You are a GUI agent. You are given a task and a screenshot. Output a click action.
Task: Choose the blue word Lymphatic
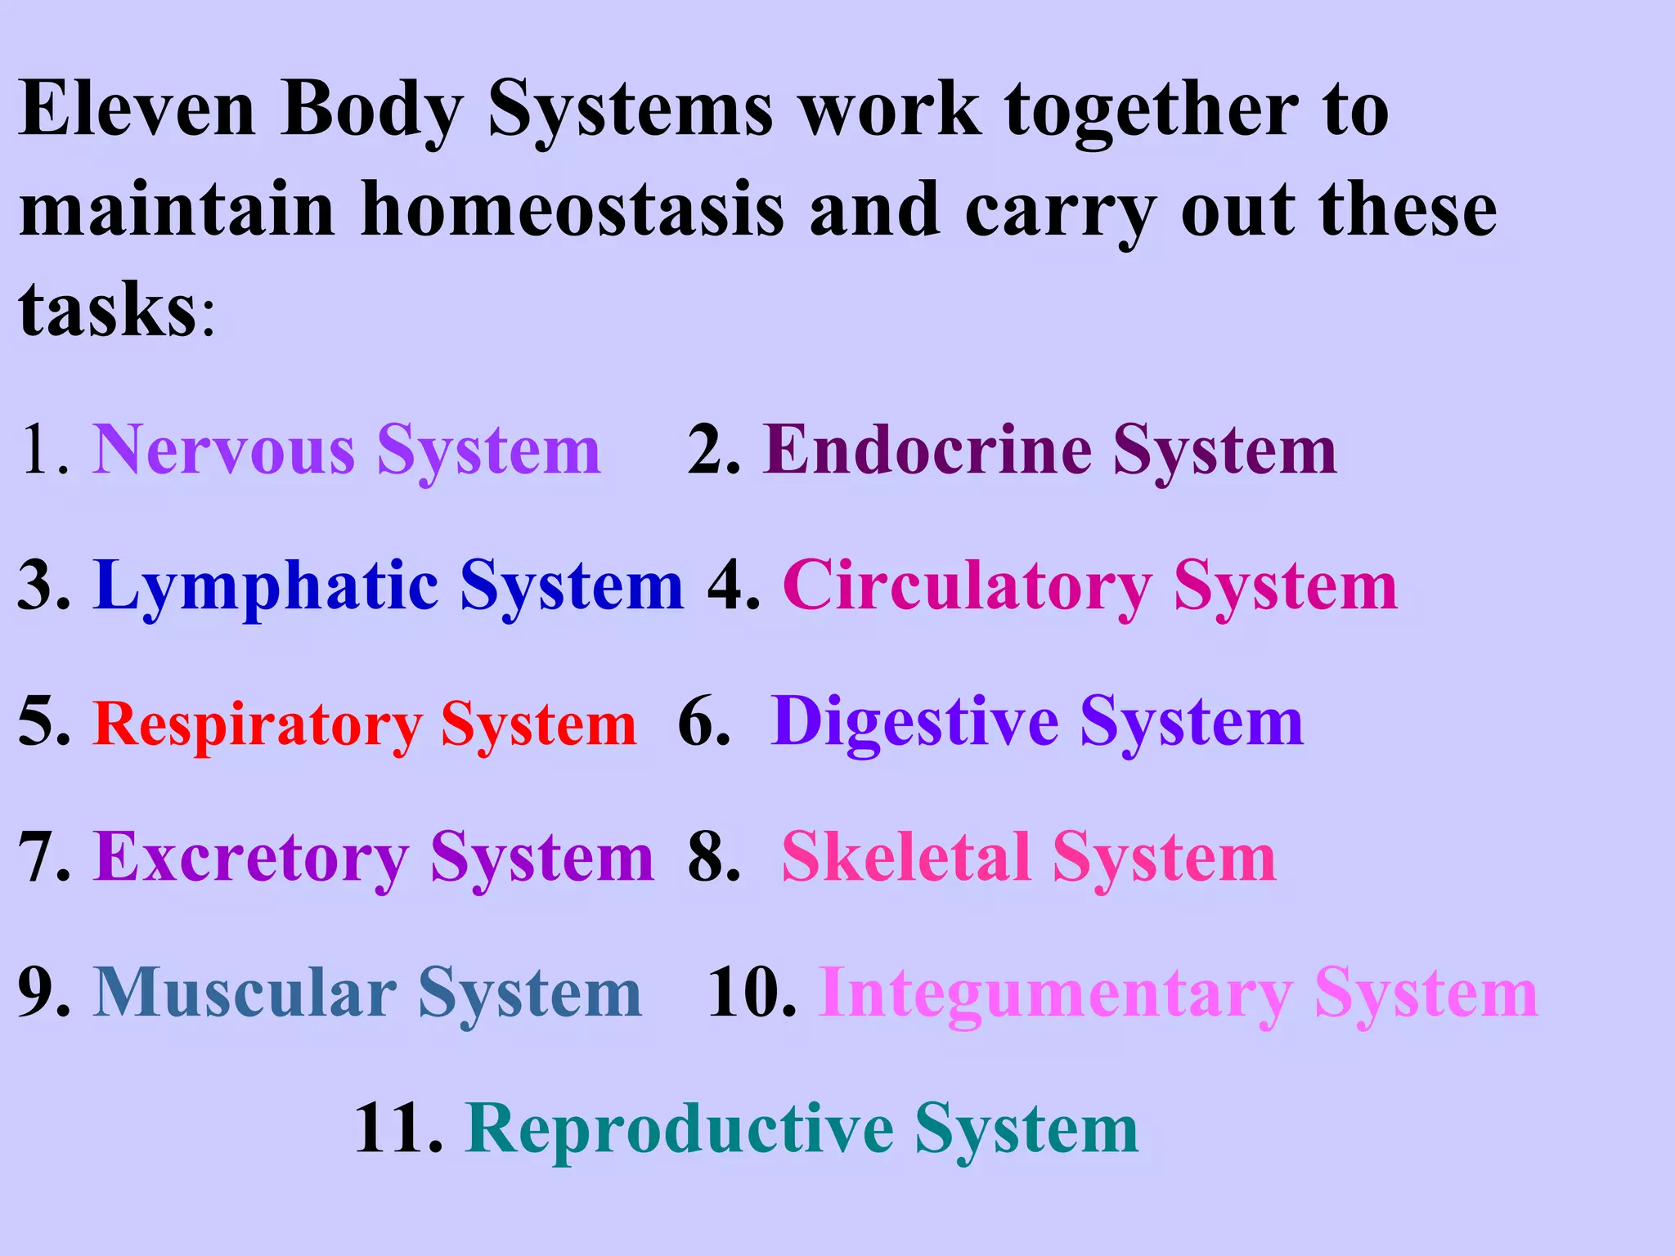click(267, 587)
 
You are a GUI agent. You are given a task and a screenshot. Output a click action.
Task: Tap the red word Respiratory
click(258, 724)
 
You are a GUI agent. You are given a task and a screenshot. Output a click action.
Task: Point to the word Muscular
click(245, 993)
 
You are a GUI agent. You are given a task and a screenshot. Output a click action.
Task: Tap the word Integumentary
click(1056, 994)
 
